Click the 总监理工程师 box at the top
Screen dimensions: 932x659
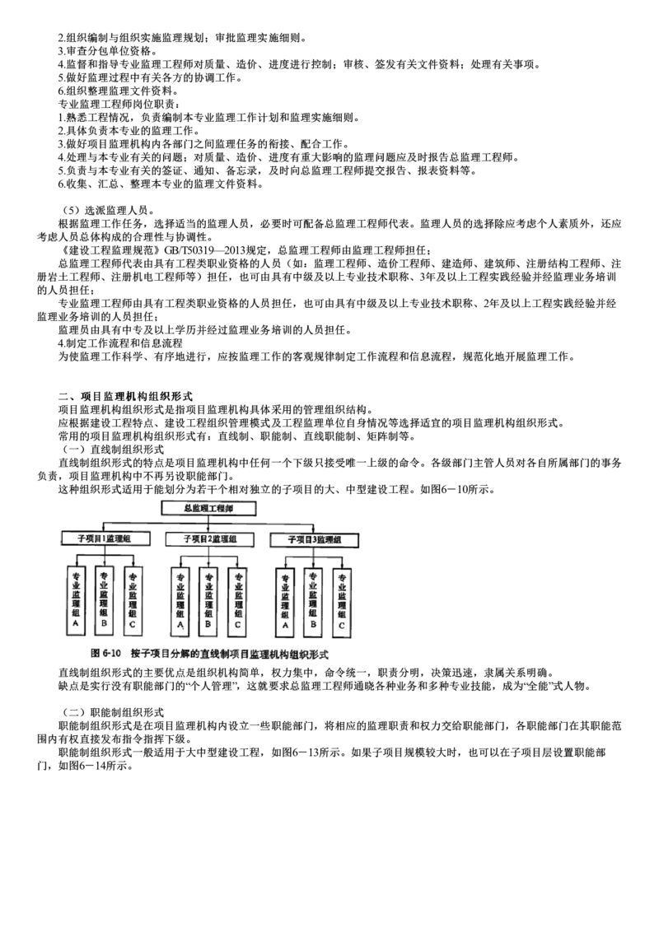pos(207,509)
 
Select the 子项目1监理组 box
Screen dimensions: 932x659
pos(105,538)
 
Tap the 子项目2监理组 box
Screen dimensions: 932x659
pos(208,538)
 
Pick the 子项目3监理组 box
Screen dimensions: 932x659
pos(314,539)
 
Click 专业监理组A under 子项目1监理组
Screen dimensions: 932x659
pos(75,601)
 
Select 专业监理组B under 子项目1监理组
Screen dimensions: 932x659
pos(104,601)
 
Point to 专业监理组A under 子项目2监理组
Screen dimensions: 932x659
pos(180,601)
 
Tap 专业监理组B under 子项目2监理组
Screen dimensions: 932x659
pos(208,601)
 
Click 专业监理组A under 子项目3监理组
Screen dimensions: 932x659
pos(285,601)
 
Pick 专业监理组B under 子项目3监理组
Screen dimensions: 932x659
pos(313,601)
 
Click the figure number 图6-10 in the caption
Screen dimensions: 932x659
pos(107,654)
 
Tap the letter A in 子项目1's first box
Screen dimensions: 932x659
pos(75,626)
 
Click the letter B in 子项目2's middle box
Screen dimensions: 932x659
pos(208,626)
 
